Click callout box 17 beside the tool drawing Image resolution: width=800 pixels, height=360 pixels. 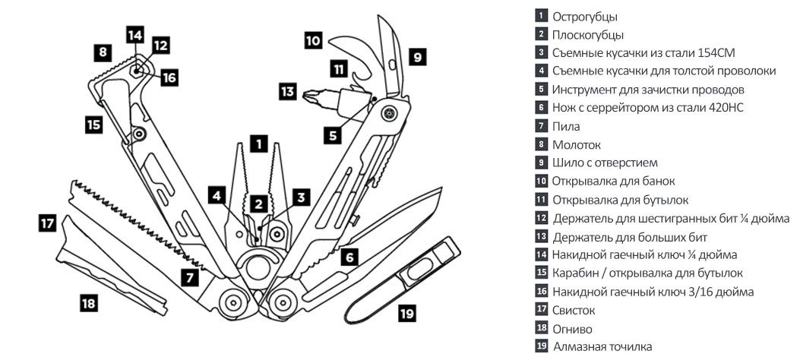coord(48,223)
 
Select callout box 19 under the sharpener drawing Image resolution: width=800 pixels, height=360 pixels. coord(407,312)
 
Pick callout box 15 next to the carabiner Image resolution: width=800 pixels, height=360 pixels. coord(93,124)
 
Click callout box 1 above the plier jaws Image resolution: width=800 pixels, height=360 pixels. coord(259,142)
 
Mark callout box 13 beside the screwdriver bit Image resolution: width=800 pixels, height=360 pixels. coord(286,92)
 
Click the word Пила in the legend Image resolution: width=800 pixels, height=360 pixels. coord(566,127)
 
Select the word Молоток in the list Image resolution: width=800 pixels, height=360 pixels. coord(577,145)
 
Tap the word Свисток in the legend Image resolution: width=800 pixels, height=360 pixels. coord(574,311)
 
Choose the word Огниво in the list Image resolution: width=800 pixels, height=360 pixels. coord(572,329)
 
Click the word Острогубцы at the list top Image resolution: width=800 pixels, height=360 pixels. coord(584,16)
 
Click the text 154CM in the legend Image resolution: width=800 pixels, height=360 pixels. coord(713,52)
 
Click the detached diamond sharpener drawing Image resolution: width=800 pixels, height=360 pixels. coord(399,278)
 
